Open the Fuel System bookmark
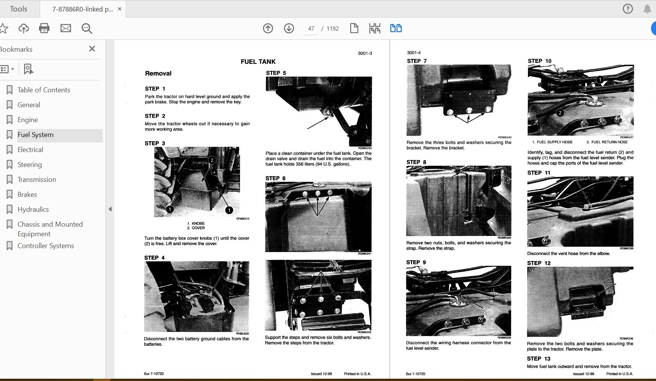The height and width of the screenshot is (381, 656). (x=35, y=135)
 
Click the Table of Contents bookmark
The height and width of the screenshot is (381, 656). (x=44, y=90)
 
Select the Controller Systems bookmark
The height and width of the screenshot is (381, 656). (x=45, y=246)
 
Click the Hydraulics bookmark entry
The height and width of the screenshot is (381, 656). (x=33, y=209)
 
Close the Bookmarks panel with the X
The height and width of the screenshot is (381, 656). (x=92, y=49)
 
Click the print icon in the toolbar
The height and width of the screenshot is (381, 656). (x=44, y=28)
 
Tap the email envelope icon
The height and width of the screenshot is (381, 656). (x=66, y=28)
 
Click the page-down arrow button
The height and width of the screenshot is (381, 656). (x=289, y=28)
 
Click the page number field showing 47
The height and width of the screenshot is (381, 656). (x=311, y=29)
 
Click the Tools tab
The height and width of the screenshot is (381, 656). (x=18, y=9)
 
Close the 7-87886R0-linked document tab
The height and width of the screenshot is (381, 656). (x=120, y=9)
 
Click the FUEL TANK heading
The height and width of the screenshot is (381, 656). (x=258, y=62)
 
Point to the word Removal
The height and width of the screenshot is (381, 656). (x=158, y=74)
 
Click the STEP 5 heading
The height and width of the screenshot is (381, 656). (x=276, y=73)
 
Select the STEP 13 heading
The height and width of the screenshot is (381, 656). (x=538, y=359)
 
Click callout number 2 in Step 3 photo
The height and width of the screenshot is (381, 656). (x=212, y=160)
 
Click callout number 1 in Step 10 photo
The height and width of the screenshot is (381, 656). (x=600, y=80)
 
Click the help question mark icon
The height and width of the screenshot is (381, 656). (x=628, y=9)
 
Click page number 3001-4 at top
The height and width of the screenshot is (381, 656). (x=414, y=53)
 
